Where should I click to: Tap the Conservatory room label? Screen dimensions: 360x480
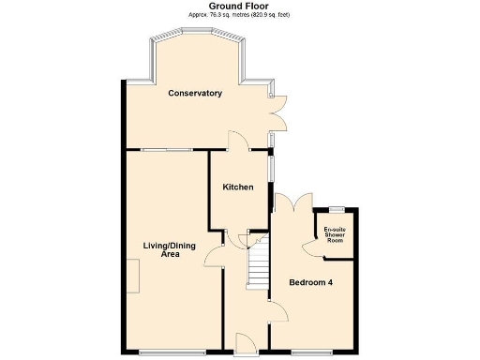click(195, 94)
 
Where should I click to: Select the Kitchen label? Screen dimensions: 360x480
click(238, 187)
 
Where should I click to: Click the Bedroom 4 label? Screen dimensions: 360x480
click(309, 283)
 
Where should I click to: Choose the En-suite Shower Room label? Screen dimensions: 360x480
click(334, 235)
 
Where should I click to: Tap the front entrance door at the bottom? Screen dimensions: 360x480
click(243, 342)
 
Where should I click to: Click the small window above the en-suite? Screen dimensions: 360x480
click(335, 208)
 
